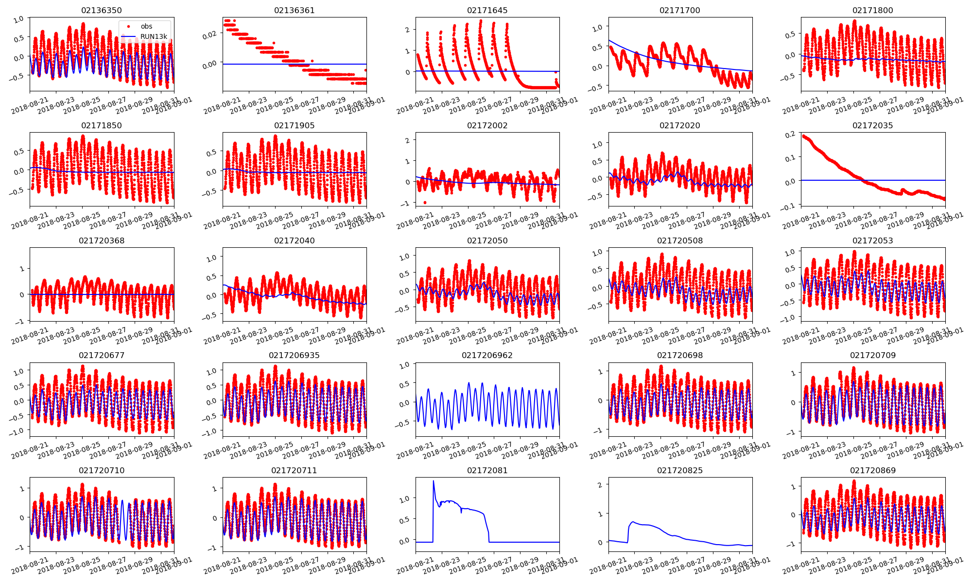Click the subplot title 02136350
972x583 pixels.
(102, 11)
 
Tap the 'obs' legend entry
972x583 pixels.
(146, 27)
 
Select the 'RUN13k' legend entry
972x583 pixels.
(154, 37)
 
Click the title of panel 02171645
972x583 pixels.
(487, 11)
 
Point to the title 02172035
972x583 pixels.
(872, 126)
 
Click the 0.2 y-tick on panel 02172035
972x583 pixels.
(791, 134)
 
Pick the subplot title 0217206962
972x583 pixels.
(487, 356)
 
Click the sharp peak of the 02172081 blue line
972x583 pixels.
(434, 481)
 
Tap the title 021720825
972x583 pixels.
(680, 471)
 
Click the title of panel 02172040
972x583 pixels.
(294, 241)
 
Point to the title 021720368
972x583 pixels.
(102, 241)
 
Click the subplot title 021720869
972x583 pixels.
(872, 471)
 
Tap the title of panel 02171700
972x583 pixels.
(680, 11)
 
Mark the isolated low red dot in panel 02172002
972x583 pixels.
(425, 203)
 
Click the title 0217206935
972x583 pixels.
(294, 356)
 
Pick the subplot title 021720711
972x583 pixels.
(294, 471)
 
